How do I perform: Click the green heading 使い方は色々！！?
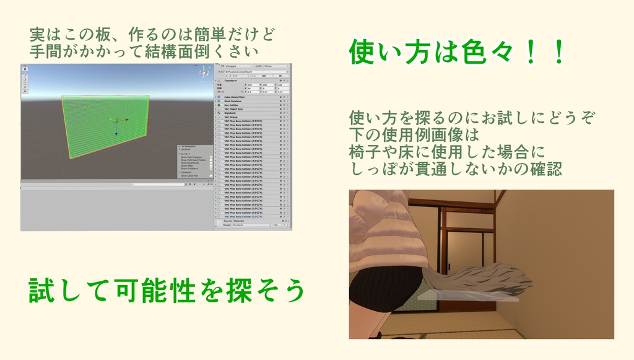[x=457, y=52]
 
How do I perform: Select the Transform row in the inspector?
[x=235, y=81]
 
